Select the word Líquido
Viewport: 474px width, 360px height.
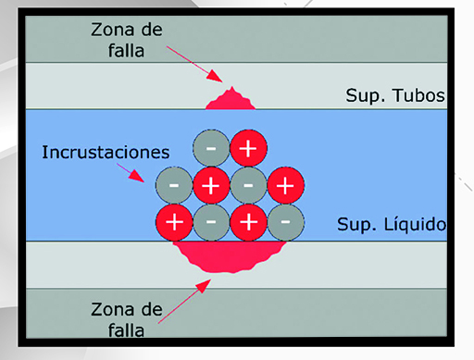(421, 225)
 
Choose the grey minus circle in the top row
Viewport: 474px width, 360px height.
(212, 147)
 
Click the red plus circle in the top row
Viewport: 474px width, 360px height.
(248, 147)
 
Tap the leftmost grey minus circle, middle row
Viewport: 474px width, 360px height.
(174, 184)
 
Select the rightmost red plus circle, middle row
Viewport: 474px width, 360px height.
(284, 184)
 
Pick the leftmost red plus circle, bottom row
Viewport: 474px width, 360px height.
(174, 221)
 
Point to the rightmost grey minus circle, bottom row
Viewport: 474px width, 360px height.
(285, 221)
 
